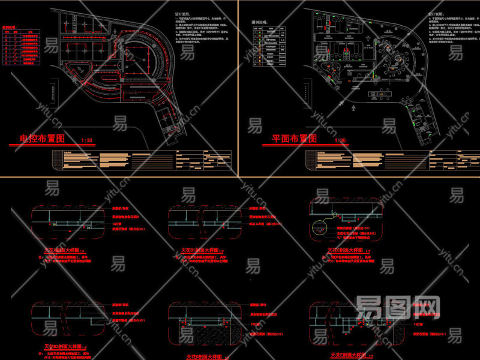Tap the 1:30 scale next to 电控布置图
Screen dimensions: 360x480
(88, 140)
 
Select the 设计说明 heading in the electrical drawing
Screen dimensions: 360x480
(184, 13)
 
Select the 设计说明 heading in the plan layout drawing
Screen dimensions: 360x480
(436, 13)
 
